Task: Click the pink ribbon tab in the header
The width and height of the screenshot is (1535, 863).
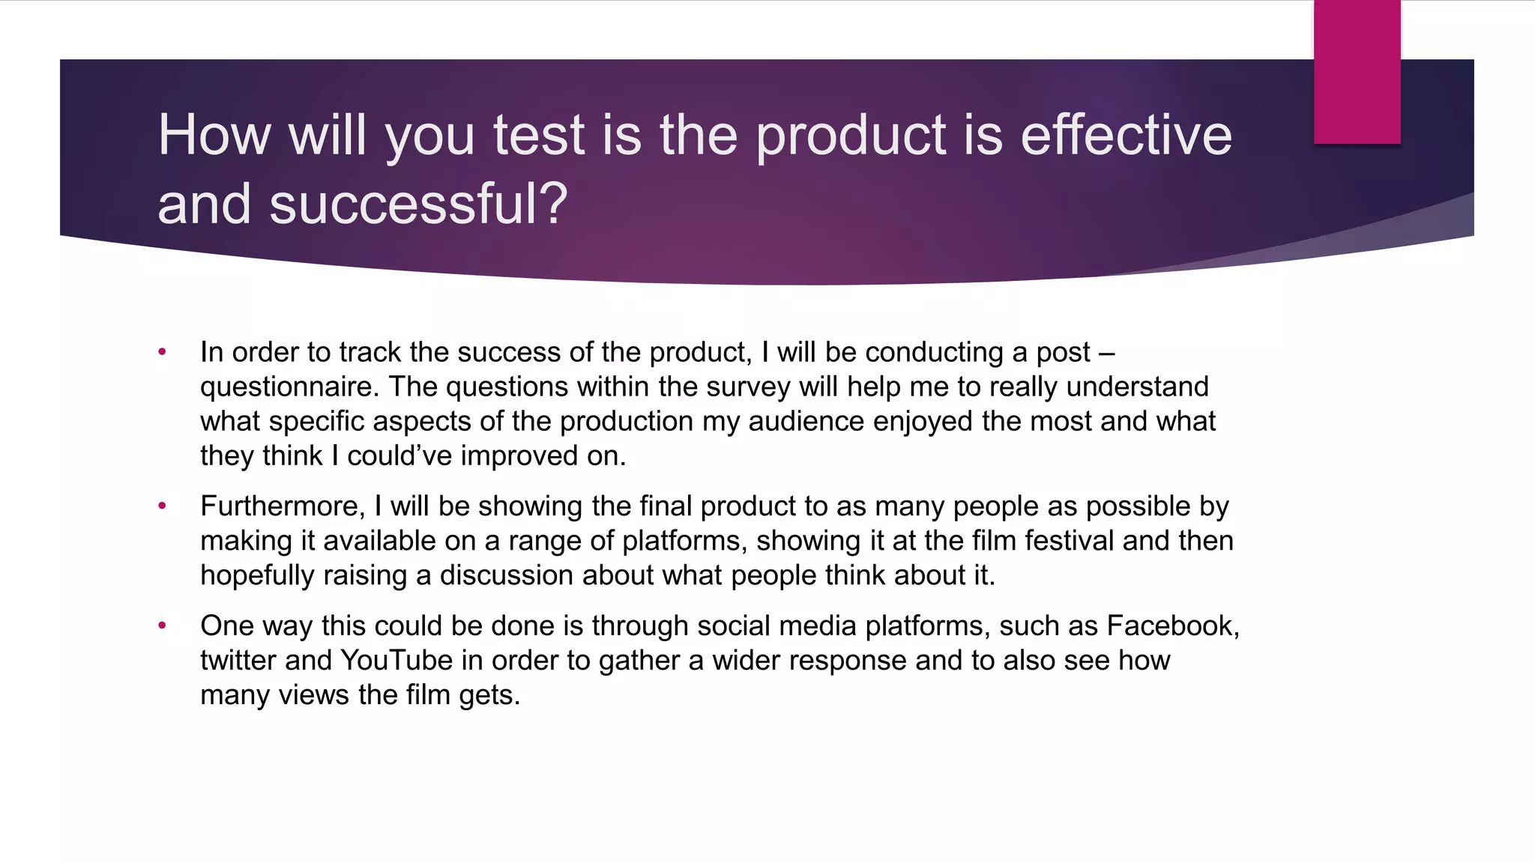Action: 1357,72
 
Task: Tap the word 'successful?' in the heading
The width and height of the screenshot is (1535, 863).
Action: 418,205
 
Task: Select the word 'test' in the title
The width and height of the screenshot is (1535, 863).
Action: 538,136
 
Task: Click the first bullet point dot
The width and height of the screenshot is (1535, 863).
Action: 162,352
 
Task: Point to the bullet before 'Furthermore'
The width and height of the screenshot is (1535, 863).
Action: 162,506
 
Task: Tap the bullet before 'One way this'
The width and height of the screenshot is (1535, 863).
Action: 162,626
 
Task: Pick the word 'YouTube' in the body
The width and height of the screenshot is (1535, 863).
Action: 396,661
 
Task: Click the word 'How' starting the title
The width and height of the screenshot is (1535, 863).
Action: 214,136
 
